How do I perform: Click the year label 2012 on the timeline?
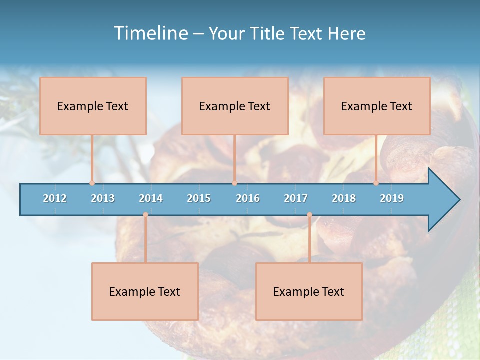pyautogui.click(x=55, y=198)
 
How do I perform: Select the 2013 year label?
pyautogui.click(x=103, y=198)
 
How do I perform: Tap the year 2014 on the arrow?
pyautogui.click(x=151, y=198)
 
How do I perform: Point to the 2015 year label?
pyautogui.click(x=199, y=198)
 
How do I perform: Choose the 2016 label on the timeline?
pyautogui.click(x=248, y=198)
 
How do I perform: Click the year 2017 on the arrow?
pyautogui.click(x=296, y=198)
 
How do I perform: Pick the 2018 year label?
pyautogui.click(x=344, y=198)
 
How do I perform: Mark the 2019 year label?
pyautogui.click(x=392, y=198)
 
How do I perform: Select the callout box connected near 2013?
pyautogui.click(x=93, y=106)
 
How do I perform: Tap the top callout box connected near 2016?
pyautogui.click(x=235, y=106)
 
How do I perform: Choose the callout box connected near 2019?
pyautogui.click(x=377, y=106)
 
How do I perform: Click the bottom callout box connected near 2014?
pyautogui.click(x=145, y=291)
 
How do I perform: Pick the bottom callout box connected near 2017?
pyautogui.click(x=309, y=291)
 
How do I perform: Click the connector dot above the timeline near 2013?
pyautogui.click(x=92, y=183)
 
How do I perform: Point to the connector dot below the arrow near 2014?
pyautogui.click(x=145, y=215)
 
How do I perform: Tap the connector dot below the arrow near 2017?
pyautogui.click(x=309, y=215)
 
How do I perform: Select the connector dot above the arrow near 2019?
pyautogui.click(x=376, y=183)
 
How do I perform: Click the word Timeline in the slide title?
pyautogui.click(x=150, y=33)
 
